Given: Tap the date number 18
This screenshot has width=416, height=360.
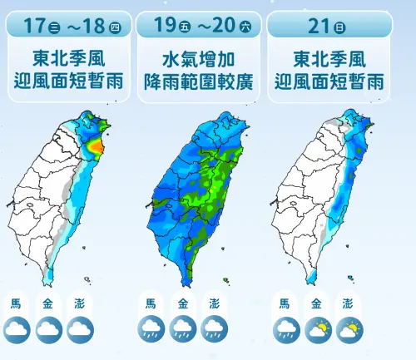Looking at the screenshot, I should tap(92, 26).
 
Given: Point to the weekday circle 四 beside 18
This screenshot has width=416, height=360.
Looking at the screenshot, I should tap(114, 27).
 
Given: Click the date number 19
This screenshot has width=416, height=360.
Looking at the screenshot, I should tap(164, 26).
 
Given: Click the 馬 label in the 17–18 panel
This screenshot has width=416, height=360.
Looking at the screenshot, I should tap(17, 303).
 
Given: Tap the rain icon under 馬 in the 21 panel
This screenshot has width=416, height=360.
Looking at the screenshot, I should tap(286, 330).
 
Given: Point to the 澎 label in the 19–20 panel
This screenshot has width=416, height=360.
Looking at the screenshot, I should tap(215, 303).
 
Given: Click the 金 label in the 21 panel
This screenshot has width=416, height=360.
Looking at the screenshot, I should tap(317, 303).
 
